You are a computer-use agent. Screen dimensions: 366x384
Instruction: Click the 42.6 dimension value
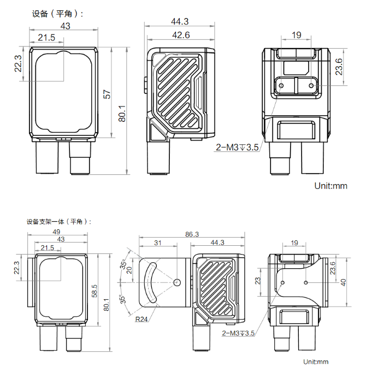[181, 35]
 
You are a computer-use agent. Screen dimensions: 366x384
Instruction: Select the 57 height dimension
[107, 94]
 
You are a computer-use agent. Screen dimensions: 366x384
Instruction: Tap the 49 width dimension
[56, 232]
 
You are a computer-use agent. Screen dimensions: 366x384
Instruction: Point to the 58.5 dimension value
[95, 291]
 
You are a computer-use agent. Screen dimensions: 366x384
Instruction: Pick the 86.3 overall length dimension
[192, 234]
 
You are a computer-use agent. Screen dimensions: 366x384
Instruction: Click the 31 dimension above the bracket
[158, 243]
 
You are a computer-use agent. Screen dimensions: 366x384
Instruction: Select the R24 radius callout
[141, 319]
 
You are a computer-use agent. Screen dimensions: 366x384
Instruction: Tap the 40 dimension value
[343, 282]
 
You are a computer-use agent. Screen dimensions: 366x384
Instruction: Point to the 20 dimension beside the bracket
[129, 270]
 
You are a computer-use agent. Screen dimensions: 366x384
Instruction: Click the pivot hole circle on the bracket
[177, 282]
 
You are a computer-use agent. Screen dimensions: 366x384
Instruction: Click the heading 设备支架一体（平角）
[59, 222]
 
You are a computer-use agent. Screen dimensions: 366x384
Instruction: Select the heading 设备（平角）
[57, 14]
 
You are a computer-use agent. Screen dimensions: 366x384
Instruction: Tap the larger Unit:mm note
[330, 186]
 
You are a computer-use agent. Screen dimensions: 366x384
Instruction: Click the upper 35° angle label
[123, 264]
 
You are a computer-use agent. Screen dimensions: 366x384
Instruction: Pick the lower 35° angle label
[123, 299]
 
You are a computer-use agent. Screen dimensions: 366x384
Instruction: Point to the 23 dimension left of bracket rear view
[258, 281]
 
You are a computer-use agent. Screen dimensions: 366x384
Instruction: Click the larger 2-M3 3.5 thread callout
[237, 147]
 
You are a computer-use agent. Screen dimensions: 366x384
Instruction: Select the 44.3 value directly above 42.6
[180, 21]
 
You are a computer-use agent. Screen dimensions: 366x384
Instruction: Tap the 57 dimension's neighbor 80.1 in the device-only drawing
[122, 114]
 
